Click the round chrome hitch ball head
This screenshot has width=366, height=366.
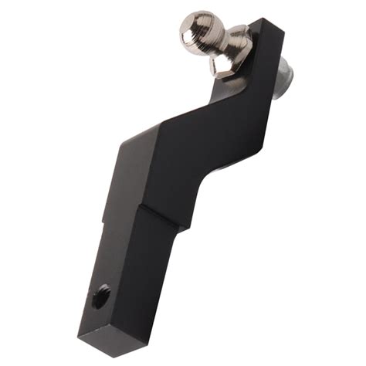coord(198,29)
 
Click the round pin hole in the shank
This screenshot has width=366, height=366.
coord(101,296)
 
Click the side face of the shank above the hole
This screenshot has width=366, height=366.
coord(108,255)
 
